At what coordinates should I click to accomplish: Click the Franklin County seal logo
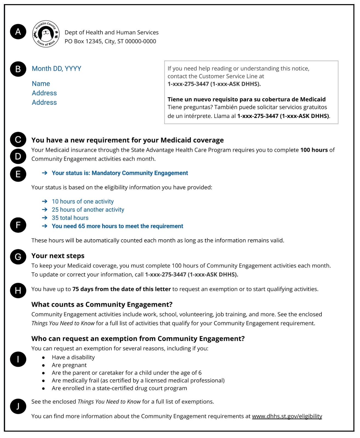point(46,34)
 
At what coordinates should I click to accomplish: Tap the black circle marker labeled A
point(18,32)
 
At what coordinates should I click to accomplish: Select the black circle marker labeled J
point(18,406)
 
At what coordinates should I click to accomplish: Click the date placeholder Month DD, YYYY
point(56,69)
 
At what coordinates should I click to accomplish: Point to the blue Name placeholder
point(41,84)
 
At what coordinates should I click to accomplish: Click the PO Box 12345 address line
point(110,41)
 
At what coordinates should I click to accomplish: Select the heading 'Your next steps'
point(58,256)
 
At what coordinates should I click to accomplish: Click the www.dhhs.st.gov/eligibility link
point(287,416)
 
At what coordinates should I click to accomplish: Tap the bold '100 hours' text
point(314,150)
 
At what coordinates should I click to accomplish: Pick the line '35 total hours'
point(70,218)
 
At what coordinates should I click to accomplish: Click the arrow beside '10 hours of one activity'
point(45,201)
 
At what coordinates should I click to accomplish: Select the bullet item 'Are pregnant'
point(69,365)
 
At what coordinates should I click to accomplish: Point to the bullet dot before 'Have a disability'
point(44,358)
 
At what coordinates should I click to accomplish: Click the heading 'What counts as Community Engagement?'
point(102,304)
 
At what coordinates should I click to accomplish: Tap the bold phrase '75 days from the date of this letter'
point(121,289)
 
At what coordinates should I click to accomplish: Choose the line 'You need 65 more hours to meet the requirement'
point(117,226)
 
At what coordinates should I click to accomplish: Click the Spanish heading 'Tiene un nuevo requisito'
point(247,99)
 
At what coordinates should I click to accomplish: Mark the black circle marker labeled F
point(18,225)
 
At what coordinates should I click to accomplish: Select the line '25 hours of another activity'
point(88,210)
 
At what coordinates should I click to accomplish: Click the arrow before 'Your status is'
point(45,173)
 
